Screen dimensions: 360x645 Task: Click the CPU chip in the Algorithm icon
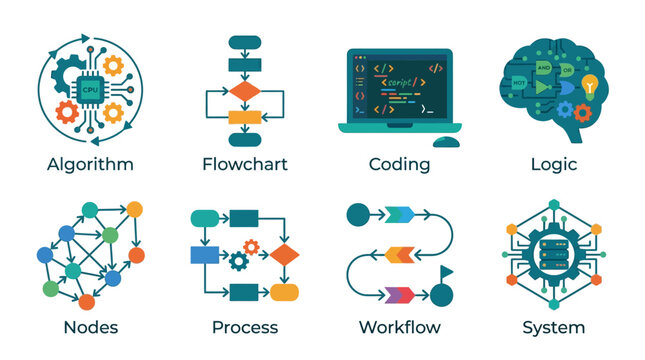point(89,87)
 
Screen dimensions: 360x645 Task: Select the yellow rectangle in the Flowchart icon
point(244,117)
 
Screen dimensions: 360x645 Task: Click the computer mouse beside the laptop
point(446,141)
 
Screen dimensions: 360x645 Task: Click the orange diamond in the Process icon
point(285,254)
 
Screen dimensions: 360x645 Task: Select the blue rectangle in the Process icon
point(205,254)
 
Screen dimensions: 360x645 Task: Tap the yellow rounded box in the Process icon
point(285,292)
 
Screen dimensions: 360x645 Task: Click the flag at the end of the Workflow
point(447,273)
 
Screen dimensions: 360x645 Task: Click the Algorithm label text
point(89,164)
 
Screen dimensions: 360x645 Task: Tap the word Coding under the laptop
point(399,164)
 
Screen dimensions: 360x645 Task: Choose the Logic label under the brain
point(553,164)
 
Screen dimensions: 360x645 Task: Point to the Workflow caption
point(399,327)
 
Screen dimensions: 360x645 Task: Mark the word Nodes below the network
point(90,327)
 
